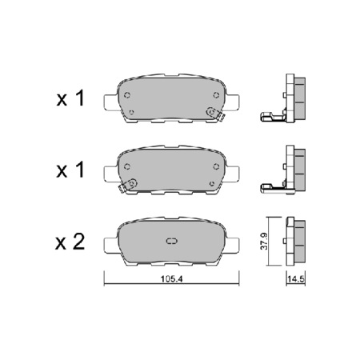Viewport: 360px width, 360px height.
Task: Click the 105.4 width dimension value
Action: [x=171, y=279]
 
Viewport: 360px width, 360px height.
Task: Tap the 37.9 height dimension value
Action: [x=264, y=241]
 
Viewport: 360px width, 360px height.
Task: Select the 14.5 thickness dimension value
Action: [x=296, y=279]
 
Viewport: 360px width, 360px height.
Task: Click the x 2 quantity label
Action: [x=70, y=242]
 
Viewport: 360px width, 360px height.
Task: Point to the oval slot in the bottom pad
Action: [x=171, y=241]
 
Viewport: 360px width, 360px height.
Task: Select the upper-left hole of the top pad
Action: [x=127, y=95]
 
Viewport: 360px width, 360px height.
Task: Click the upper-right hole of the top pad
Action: [x=216, y=94]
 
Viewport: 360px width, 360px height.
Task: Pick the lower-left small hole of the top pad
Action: [x=131, y=112]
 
